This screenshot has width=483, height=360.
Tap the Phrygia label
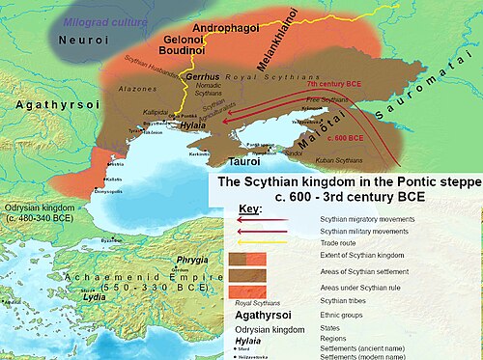(x=192, y=261)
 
